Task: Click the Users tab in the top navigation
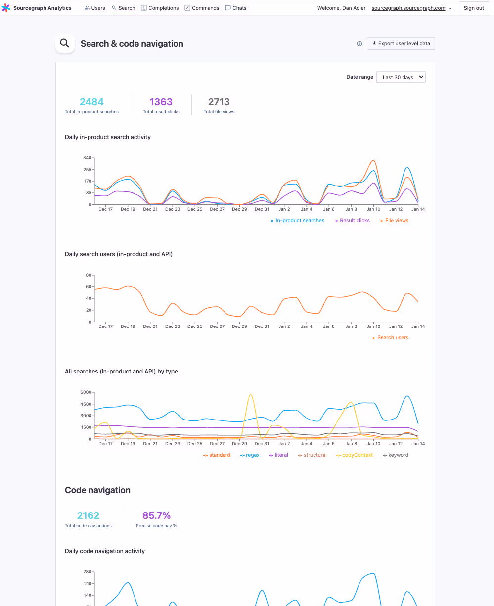(94, 8)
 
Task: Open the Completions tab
(160, 8)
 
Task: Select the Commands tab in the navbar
(202, 8)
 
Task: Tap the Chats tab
(236, 8)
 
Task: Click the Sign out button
(473, 8)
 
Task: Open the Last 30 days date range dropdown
(401, 77)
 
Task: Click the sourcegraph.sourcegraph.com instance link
(408, 8)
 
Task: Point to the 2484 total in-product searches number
(91, 102)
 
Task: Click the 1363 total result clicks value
(161, 102)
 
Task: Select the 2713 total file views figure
(219, 102)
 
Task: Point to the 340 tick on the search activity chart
(87, 158)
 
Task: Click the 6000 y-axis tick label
(86, 392)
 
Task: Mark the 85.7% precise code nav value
(156, 515)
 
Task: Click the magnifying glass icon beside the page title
(65, 44)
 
